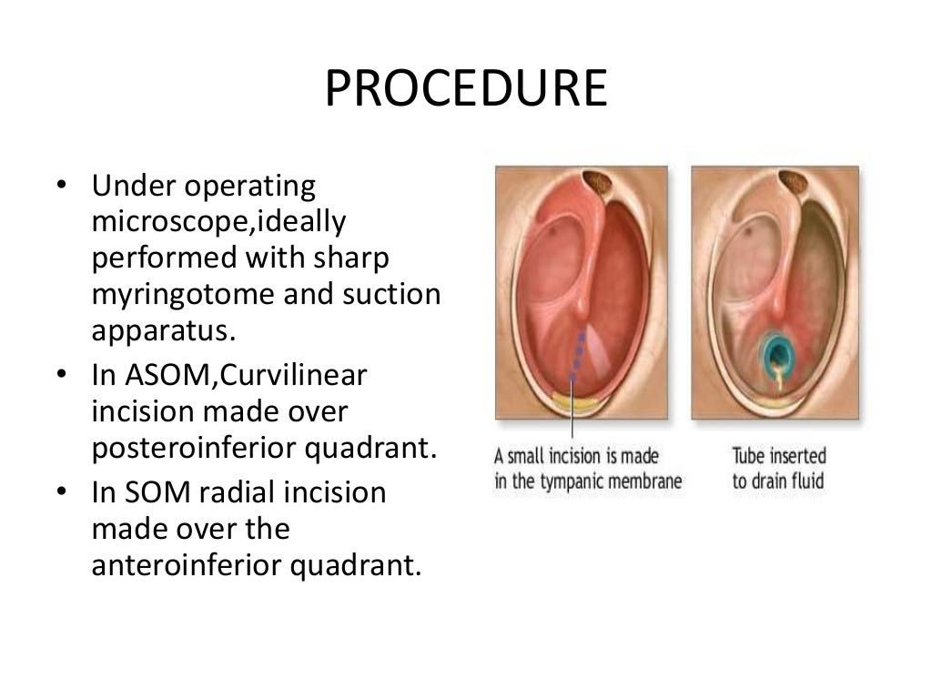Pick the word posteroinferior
pyautogui.click(x=190, y=448)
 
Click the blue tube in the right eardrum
pyautogui.click(x=775, y=350)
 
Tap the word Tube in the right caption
pyautogui.click(x=751, y=454)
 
